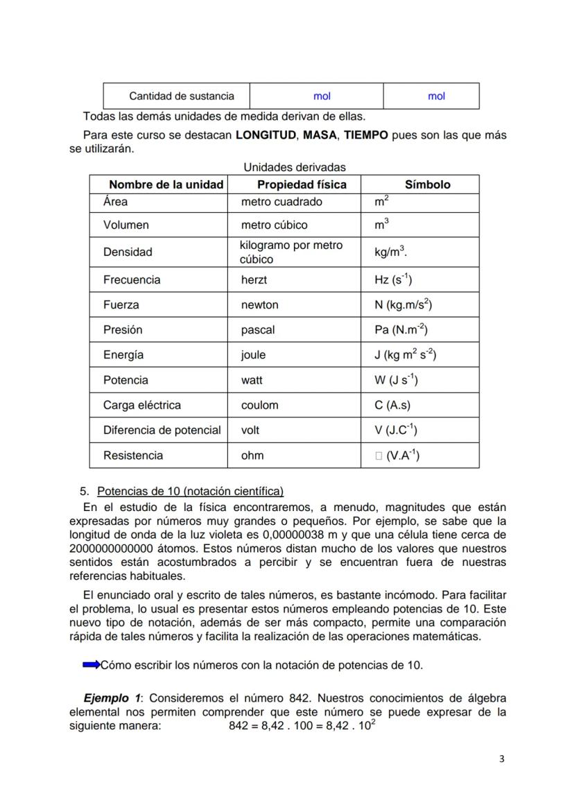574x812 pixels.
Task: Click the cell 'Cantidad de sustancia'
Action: [182, 96]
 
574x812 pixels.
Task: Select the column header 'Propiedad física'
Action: [302, 184]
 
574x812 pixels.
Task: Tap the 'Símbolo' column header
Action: [427, 184]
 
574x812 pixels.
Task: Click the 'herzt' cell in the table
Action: [254, 280]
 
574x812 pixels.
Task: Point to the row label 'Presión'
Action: [123, 330]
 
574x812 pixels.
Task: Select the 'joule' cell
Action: [253, 355]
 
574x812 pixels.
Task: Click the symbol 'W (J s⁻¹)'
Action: [396, 380]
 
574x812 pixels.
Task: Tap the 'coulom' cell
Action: [259, 405]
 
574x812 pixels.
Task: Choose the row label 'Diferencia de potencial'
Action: [162, 430]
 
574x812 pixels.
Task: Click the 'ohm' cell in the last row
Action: [252, 456]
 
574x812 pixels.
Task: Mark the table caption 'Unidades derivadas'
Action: [295, 167]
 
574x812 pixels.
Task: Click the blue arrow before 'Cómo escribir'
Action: [91, 665]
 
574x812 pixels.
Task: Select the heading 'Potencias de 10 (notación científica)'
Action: [190, 492]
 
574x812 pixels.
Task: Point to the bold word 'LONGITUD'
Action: [266, 135]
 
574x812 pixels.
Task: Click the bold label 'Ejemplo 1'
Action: [112, 698]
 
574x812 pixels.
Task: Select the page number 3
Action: [502, 758]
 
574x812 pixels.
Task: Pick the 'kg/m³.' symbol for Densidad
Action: [390, 252]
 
